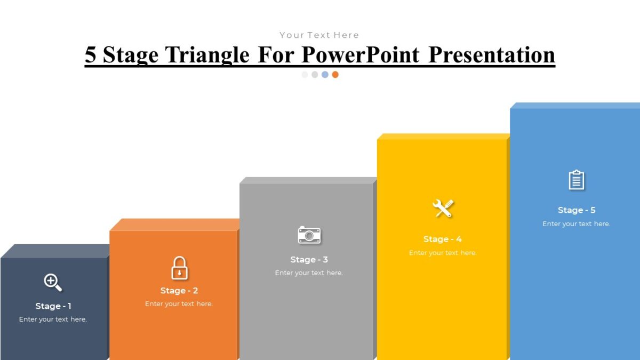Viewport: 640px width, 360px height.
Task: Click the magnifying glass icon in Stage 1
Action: click(53, 282)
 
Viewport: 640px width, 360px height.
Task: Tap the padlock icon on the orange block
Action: click(179, 268)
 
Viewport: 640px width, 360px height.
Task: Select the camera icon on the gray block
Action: click(309, 235)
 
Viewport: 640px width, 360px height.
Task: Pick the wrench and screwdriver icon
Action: click(443, 208)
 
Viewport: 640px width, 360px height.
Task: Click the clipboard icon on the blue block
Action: click(576, 180)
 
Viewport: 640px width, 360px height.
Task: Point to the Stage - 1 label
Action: click(53, 306)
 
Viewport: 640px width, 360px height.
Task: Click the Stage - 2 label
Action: click(179, 291)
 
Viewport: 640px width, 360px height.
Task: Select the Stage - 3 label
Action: click(309, 260)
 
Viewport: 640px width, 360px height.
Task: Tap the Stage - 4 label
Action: click(443, 239)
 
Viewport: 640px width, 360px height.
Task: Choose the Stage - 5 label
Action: click(576, 210)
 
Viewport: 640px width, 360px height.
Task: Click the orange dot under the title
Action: click(335, 75)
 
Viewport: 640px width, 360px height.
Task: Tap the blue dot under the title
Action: click(325, 75)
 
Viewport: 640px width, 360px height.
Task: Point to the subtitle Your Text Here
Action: click(319, 35)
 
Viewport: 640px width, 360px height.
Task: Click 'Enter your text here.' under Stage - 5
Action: click(576, 224)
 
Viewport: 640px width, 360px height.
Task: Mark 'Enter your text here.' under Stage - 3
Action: click(309, 273)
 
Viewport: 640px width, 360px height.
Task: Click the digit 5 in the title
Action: click(91, 55)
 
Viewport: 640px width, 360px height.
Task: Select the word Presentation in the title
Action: click(492, 55)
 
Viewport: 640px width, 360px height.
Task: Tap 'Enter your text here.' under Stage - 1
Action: click(53, 319)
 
